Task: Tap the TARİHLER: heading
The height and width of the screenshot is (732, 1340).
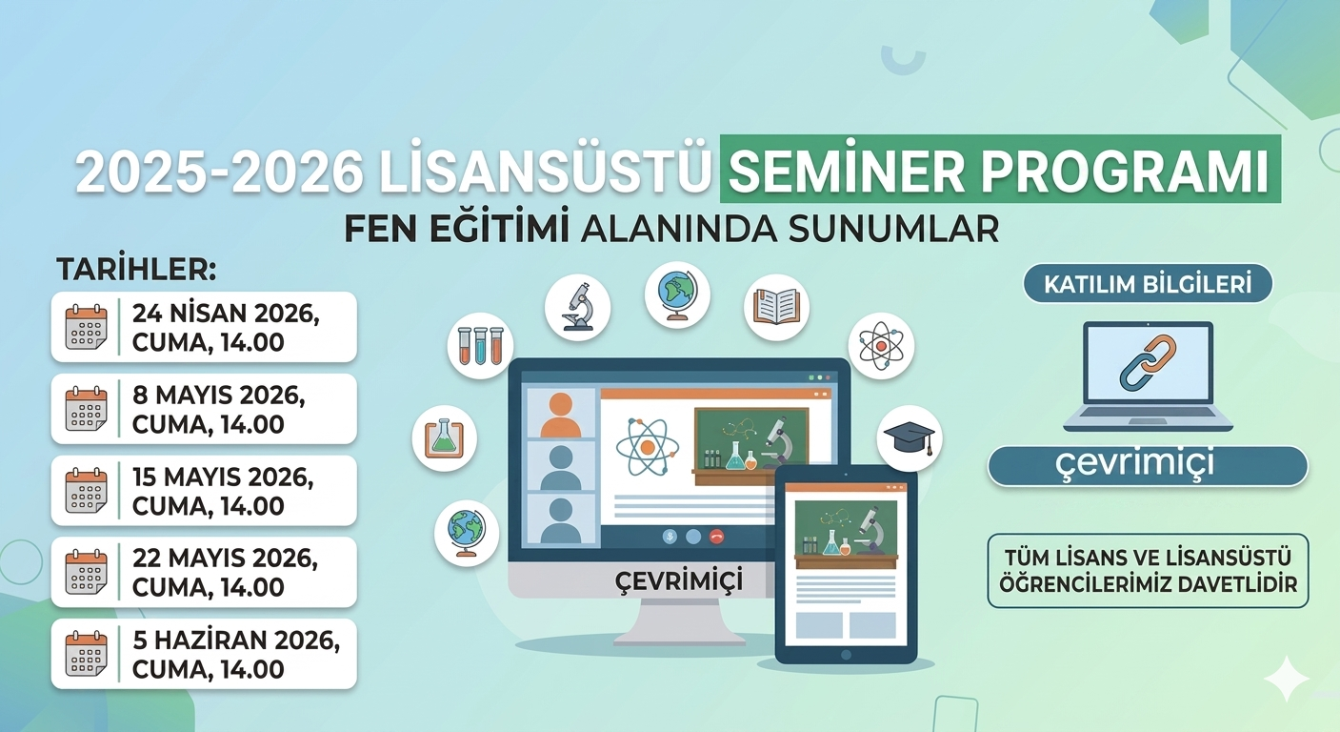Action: [x=136, y=270]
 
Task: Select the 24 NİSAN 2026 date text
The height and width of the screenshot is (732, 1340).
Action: [x=226, y=313]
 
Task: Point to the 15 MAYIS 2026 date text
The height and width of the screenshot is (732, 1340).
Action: [x=223, y=477]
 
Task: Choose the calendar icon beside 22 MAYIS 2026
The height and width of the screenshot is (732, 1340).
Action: [x=86, y=572]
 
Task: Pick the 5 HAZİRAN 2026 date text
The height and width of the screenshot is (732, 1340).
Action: [x=236, y=640]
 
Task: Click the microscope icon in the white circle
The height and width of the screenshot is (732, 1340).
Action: [x=577, y=307]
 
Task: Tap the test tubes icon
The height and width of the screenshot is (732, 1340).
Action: [x=480, y=346]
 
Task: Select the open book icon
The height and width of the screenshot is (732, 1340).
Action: [x=776, y=307]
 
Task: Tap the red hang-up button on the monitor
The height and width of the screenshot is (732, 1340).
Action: [x=716, y=537]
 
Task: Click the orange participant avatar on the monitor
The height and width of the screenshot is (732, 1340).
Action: [x=561, y=415]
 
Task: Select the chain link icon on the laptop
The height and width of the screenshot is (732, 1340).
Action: [x=1148, y=363]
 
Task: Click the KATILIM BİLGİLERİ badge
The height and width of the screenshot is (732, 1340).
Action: [x=1148, y=284]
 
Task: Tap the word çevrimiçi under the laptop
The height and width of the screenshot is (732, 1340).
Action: [x=1134, y=463]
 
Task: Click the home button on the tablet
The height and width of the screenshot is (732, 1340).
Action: [x=846, y=655]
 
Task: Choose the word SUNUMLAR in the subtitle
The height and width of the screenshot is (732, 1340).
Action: [x=893, y=229]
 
